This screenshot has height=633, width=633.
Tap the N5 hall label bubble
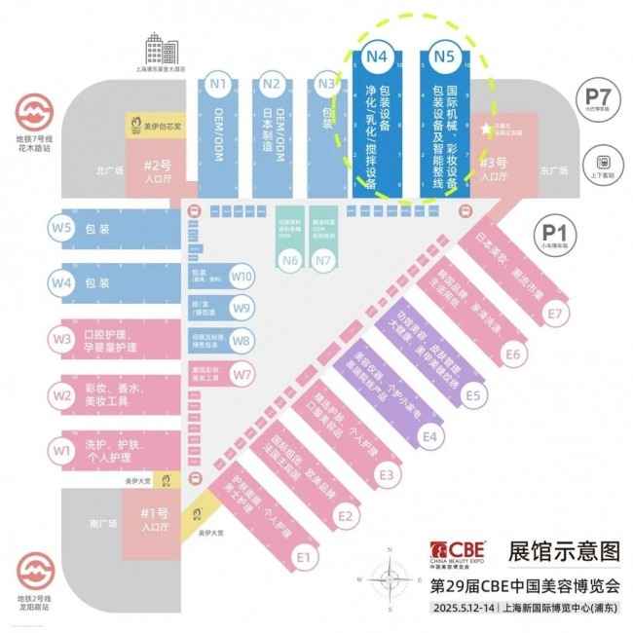pyautogui.click(x=445, y=56)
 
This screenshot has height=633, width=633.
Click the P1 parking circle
pyautogui.click(x=555, y=233)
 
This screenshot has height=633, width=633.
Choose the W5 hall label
pyautogui.click(x=62, y=229)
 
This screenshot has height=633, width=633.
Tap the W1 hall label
pyautogui.click(x=62, y=451)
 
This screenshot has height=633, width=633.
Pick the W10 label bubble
pyautogui.click(x=242, y=277)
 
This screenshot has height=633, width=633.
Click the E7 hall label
pyautogui.click(x=554, y=314)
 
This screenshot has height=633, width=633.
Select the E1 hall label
pyautogui.click(x=302, y=557)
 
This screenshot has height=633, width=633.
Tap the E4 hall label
pyautogui.click(x=429, y=437)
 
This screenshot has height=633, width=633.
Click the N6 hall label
pyautogui.click(x=289, y=260)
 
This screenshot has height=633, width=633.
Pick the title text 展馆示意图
pyautogui.click(x=564, y=551)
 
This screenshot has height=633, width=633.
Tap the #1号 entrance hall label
pyautogui.click(x=151, y=513)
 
